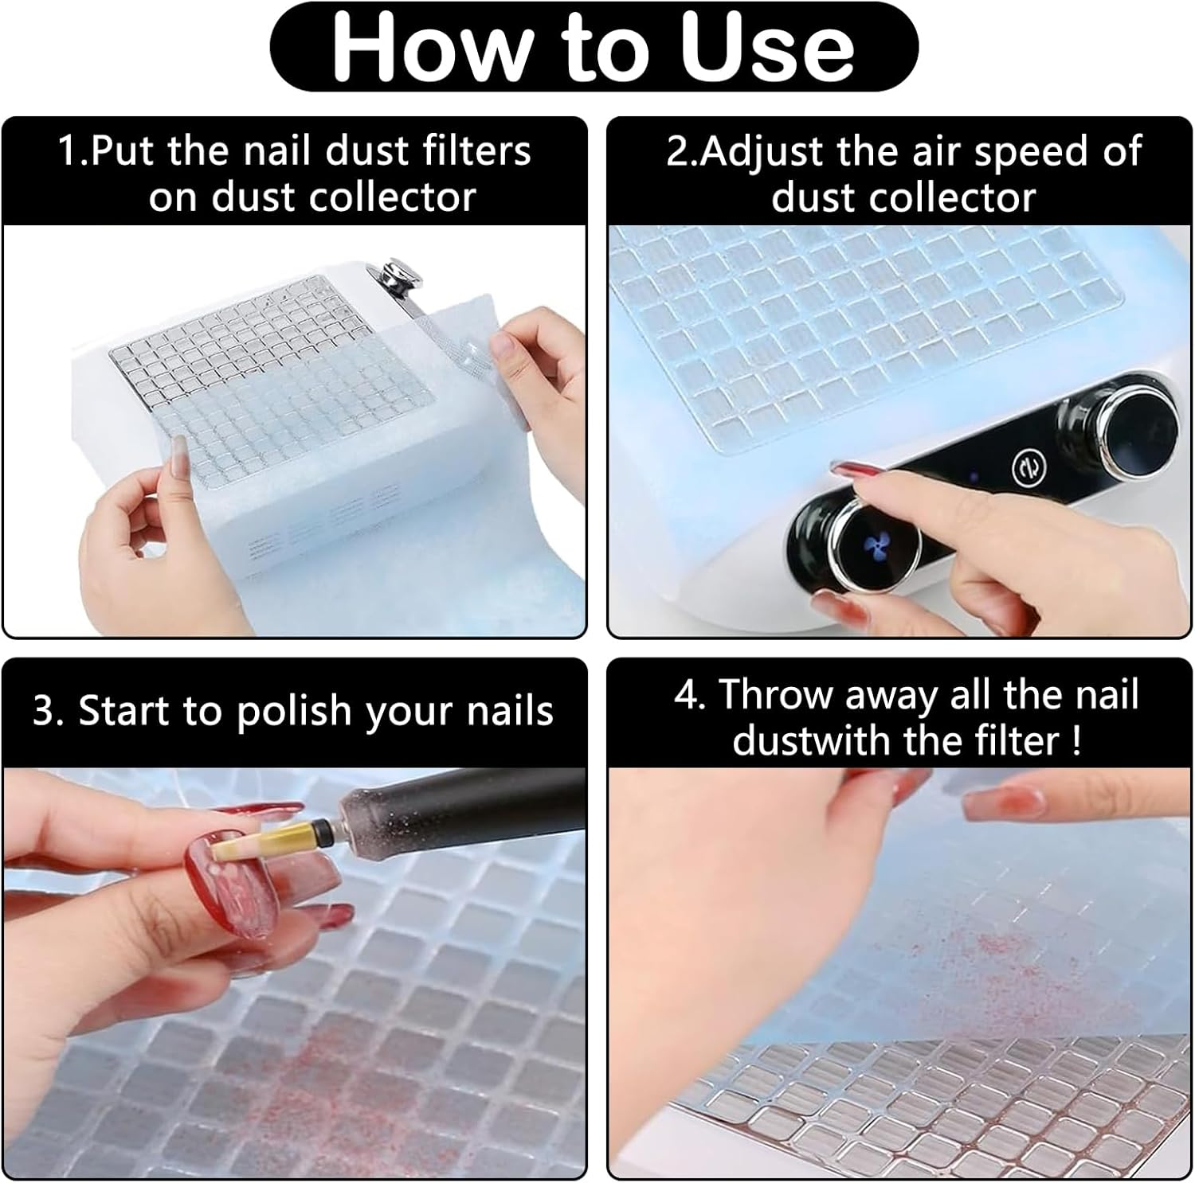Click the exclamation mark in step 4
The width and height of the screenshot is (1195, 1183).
point(1076,740)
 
